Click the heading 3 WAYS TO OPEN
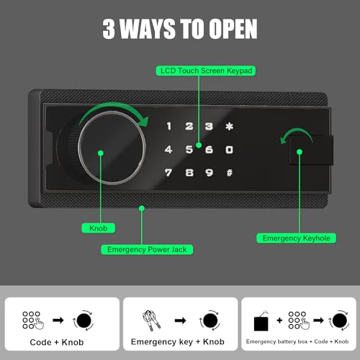point(179,31)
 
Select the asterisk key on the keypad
point(229,127)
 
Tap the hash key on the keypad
point(229,173)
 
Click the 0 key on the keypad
point(229,150)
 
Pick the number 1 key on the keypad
point(169,127)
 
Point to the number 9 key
point(209,173)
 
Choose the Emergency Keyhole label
point(289,238)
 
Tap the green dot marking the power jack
point(142,209)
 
